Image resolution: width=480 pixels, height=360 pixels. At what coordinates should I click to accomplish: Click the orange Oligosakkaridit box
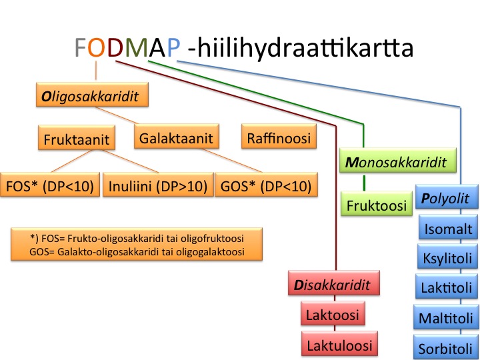[92, 95]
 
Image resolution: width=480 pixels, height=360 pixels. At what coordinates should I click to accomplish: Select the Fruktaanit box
[77, 137]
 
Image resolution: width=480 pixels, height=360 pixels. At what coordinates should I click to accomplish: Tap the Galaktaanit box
[176, 136]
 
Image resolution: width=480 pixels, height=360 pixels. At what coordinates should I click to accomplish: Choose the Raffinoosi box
[279, 136]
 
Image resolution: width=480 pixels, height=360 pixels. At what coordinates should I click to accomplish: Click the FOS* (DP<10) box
[49, 184]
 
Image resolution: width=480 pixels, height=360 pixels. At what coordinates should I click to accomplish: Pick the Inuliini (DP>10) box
[158, 184]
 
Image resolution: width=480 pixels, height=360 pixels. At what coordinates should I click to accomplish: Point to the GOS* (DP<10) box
[266, 184]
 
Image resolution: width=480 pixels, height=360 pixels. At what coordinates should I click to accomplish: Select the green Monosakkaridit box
[397, 160]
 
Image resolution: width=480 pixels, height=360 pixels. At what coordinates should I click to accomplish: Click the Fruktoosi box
[377, 203]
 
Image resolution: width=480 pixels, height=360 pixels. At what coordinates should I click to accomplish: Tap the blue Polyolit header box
[447, 197]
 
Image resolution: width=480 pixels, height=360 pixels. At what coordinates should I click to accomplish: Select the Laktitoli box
[446, 286]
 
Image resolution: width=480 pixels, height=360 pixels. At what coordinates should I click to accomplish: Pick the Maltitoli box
[445, 317]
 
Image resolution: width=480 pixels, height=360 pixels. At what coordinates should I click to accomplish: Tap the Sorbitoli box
[445, 347]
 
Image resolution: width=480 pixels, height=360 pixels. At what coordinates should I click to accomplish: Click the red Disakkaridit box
[334, 283]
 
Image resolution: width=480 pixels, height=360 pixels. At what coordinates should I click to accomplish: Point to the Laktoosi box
[333, 313]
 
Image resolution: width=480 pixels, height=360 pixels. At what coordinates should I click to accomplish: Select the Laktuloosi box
[339, 343]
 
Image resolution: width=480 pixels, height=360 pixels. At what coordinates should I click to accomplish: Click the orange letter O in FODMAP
[96, 47]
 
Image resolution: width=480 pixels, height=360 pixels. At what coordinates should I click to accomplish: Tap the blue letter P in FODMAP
[173, 47]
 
